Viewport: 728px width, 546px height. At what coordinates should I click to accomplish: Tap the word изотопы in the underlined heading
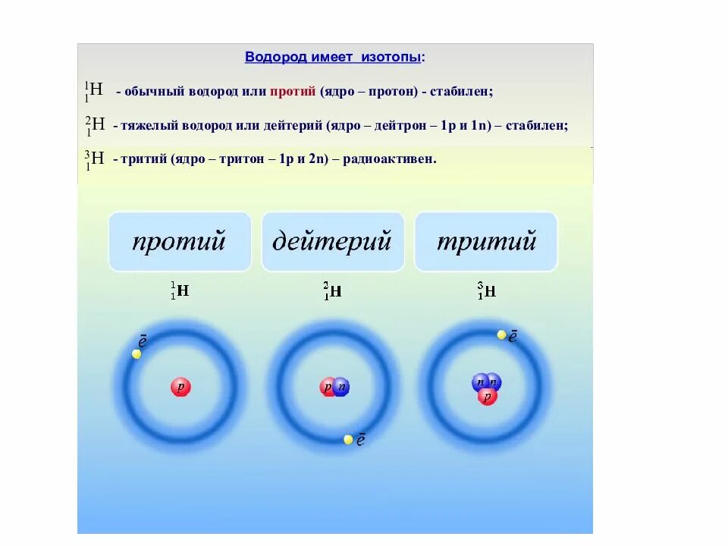coord(393,57)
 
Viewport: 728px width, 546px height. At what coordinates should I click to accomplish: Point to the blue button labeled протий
coord(180,242)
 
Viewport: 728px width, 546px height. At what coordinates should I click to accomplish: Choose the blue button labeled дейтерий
coord(332,242)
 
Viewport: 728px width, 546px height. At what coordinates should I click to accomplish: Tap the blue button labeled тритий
coord(486,242)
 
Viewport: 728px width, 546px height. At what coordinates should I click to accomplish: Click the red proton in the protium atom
coord(180,388)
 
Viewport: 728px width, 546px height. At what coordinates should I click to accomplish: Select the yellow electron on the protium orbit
coord(136,354)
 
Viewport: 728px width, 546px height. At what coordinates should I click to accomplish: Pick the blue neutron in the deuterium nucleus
coord(342,387)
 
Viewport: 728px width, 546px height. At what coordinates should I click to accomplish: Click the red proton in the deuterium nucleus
coord(328,388)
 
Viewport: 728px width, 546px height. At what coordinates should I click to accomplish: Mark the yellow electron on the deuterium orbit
coord(348,439)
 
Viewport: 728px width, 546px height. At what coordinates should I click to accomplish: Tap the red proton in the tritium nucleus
coord(488,397)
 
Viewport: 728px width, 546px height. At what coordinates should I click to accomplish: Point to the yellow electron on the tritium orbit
coord(501,334)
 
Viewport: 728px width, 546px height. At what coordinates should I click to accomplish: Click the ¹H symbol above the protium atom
coord(180,290)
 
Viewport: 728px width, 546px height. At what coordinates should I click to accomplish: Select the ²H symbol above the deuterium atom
coord(332,290)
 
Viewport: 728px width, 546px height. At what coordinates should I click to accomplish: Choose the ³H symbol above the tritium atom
coord(486,290)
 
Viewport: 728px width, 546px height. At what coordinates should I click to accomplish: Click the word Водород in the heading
coord(271,57)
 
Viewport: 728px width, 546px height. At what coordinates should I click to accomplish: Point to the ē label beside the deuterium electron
coord(361,440)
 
